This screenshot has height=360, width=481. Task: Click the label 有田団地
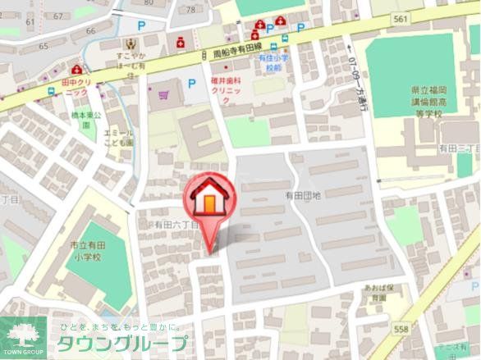pos(303,195)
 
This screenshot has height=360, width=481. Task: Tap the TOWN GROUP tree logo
pos(22,333)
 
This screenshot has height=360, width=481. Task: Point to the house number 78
pos(192,9)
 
